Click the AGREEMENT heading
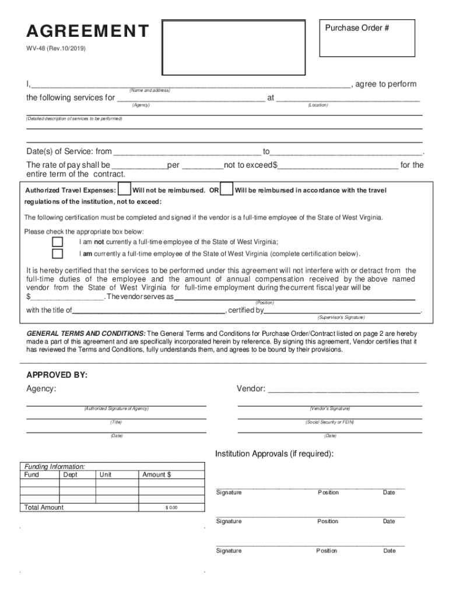(87, 31)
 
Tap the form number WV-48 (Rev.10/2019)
(56, 49)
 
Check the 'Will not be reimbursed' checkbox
(124, 190)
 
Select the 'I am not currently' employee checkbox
(57, 242)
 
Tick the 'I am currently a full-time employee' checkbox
(57, 254)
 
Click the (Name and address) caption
(150, 91)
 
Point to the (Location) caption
(318, 105)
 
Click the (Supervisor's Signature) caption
(341, 317)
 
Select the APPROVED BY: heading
(57, 375)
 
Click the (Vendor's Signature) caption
(329, 409)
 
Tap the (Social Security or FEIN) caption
(329, 422)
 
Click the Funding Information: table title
(54, 467)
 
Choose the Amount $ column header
(156, 475)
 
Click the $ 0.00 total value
(171, 507)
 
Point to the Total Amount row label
(44, 507)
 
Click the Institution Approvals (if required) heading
(274, 454)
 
